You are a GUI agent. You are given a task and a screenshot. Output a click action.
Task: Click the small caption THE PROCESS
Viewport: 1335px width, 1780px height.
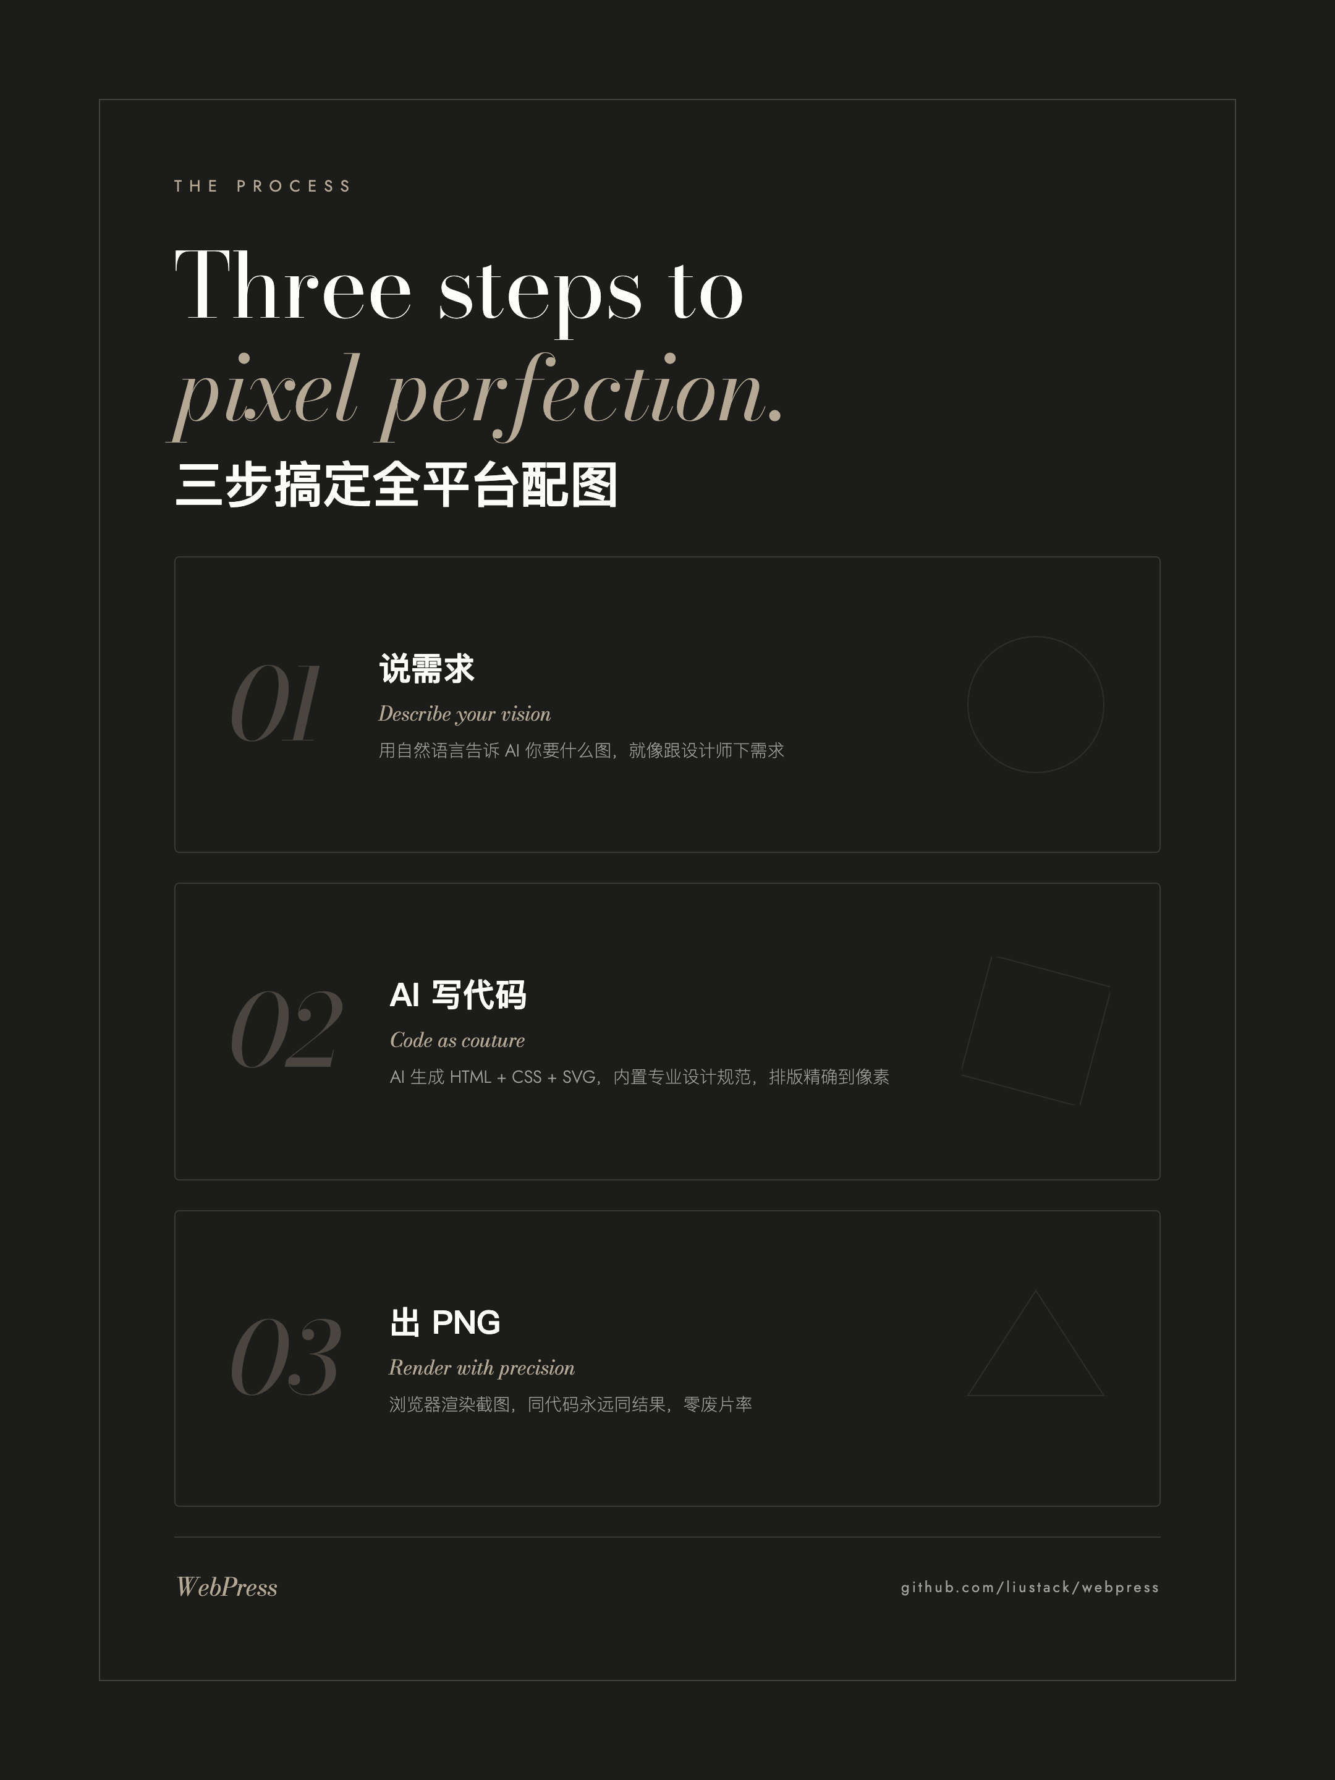click(x=262, y=186)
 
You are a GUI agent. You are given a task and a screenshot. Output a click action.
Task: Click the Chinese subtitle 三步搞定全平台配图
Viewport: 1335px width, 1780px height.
click(x=396, y=485)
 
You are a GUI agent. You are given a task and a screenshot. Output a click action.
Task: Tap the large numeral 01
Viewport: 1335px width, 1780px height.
click(x=274, y=703)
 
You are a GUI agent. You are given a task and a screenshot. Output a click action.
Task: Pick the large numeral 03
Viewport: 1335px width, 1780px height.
click(x=286, y=1357)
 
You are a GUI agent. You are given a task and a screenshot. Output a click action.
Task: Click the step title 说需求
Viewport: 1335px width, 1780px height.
click(x=426, y=669)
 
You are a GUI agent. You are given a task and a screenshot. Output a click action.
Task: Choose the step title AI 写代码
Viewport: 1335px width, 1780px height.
click(x=458, y=996)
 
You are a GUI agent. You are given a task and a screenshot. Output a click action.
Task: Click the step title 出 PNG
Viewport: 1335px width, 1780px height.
click(x=445, y=1322)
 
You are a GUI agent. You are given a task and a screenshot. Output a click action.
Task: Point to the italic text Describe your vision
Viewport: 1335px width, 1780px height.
click(x=464, y=714)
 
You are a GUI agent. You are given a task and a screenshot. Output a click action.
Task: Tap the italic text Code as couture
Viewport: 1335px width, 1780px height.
click(x=457, y=1040)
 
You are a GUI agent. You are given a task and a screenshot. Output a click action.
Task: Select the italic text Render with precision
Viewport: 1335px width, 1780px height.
click(x=481, y=1368)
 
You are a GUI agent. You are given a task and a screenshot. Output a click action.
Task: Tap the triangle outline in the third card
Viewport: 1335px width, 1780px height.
click(x=1036, y=1394)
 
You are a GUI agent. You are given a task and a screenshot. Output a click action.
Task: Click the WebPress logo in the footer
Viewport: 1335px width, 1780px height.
click(x=227, y=1587)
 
